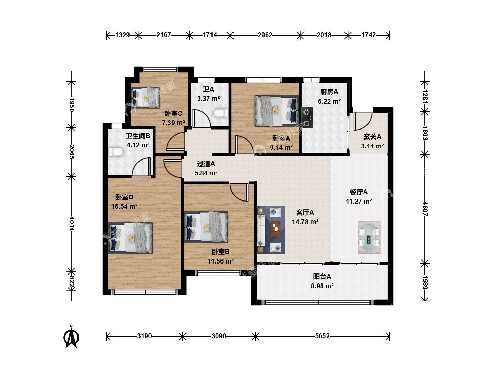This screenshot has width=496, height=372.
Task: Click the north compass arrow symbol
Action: click(x=71, y=337)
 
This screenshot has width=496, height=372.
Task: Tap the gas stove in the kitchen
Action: click(x=307, y=118)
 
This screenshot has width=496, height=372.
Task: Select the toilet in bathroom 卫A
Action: click(x=220, y=113)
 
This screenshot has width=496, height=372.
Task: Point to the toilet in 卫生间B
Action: click(x=116, y=152)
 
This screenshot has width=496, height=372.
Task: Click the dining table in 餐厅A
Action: click(x=369, y=237)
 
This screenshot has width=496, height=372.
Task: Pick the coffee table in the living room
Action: click(x=276, y=230)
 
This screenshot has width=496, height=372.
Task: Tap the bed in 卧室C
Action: click(x=146, y=98)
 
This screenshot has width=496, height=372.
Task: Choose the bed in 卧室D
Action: click(x=131, y=238)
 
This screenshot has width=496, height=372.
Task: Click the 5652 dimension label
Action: click(x=322, y=336)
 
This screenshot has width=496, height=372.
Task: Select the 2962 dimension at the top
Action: click(x=265, y=35)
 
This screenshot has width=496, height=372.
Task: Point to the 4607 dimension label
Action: click(x=425, y=209)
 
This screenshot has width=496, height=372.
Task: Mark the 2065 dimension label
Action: click(x=72, y=152)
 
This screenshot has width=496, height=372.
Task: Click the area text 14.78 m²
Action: click(x=305, y=222)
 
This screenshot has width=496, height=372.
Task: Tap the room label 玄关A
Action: click(x=372, y=137)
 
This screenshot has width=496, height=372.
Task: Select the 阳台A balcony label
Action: click(x=322, y=276)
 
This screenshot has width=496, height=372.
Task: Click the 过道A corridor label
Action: click(x=206, y=164)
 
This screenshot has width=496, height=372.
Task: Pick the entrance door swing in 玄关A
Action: click(x=363, y=121)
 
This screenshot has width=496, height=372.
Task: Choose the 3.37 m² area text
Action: click(x=209, y=99)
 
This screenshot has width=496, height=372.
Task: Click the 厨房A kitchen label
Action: click(x=329, y=92)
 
